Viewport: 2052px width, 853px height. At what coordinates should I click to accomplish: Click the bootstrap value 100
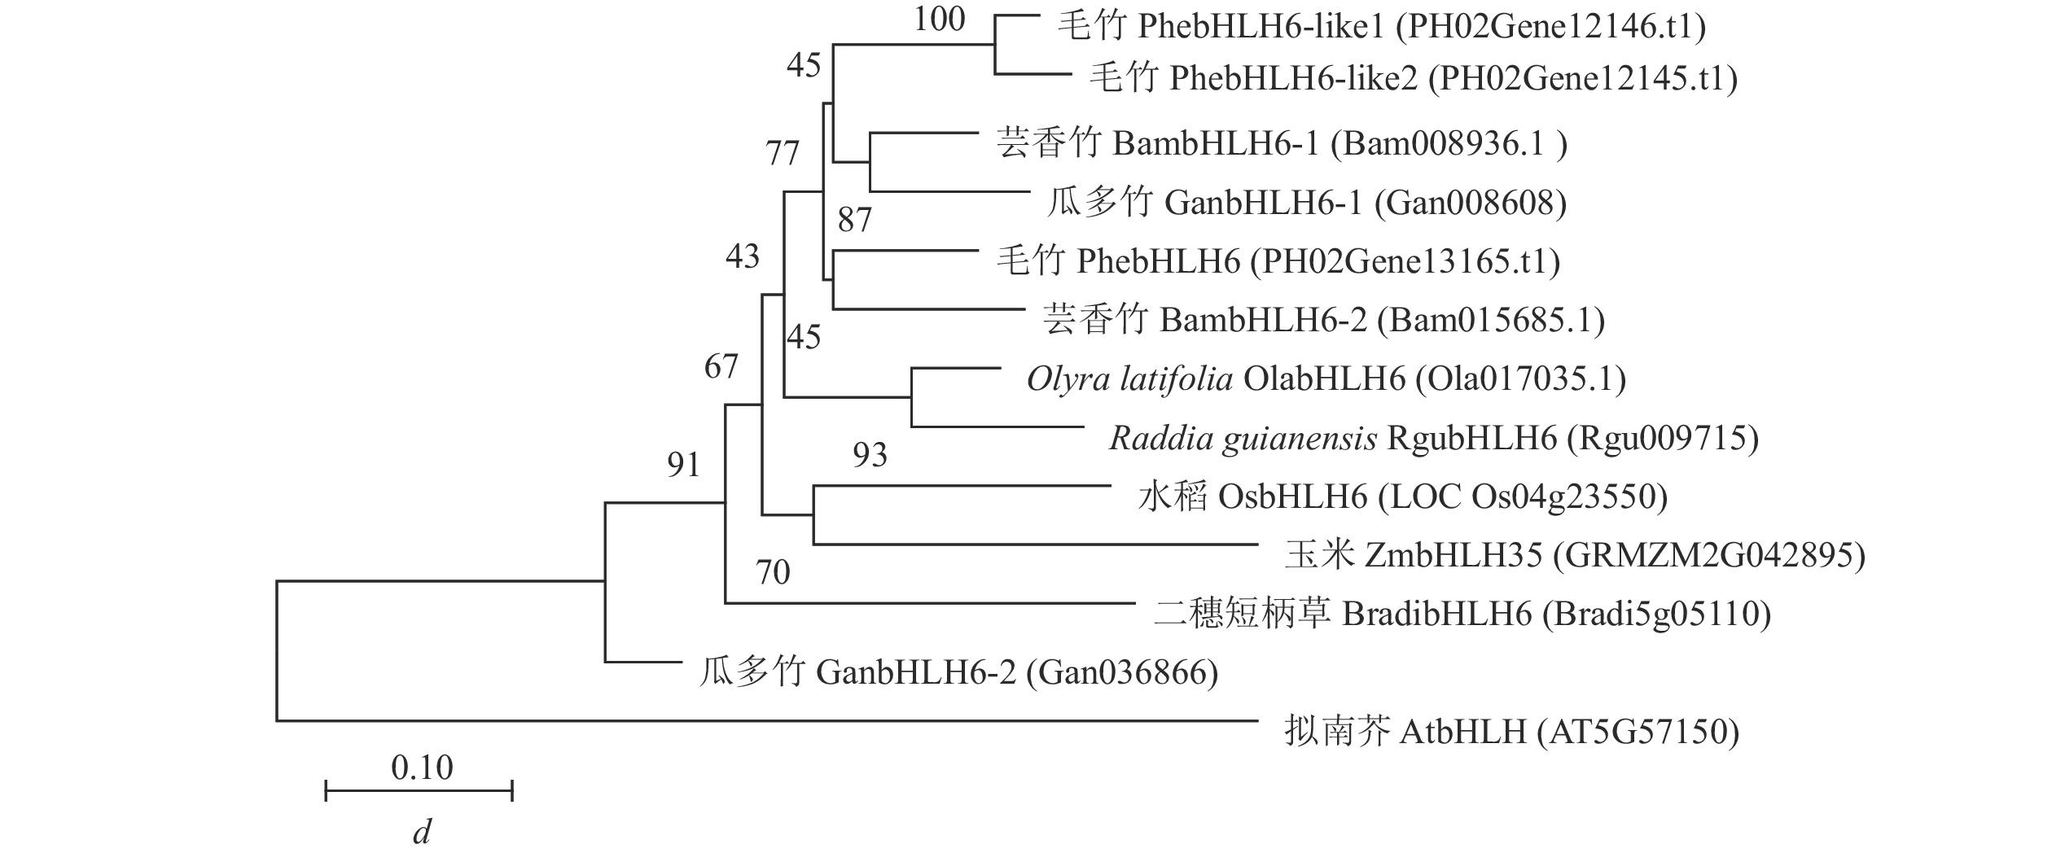coord(939,19)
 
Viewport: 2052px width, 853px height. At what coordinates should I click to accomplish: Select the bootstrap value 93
coord(870,455)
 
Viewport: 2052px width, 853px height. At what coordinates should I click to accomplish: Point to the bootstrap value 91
coord(684,465)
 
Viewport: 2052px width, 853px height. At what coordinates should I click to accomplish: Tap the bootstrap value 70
coord(773,573)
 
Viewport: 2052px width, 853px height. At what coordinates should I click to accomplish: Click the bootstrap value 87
coord(854,220)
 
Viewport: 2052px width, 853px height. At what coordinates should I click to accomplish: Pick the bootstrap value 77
coord(783,153)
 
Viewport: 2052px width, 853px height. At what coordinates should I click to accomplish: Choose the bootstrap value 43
coord(742,257)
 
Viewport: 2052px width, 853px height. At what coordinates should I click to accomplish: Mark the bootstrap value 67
coord(721,367)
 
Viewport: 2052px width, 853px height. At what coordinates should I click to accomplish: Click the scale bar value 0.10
coord(422,768)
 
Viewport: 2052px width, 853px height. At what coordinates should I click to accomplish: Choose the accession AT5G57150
coord(1638,733)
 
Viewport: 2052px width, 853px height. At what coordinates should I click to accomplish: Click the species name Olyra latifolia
coord(1129,379)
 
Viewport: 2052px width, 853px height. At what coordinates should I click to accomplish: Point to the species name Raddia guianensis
coord(1243,439)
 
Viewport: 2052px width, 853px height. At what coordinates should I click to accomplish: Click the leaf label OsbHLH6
coord(1292,497)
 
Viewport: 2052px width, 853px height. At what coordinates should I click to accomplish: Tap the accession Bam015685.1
coord(1491,321)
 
